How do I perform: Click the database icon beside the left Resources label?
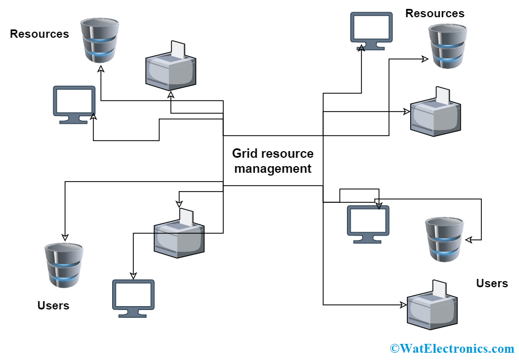click(99, 41)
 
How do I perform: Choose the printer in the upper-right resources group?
click(436, 114)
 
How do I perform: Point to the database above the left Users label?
click(64, 264)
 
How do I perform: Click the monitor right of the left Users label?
click(133, 298)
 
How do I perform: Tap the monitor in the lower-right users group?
click(368, 224)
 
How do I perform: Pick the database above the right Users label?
click(444, 239)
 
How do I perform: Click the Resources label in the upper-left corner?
click(39, 34)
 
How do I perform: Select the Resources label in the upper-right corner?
click(435, 13)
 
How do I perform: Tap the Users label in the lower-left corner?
click(53, 306)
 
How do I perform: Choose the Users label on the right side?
click(492, 283)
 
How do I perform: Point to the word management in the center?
click(273, 168)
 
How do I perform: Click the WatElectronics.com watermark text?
click(452, 348)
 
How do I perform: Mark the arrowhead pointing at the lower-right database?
click(468, 240)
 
